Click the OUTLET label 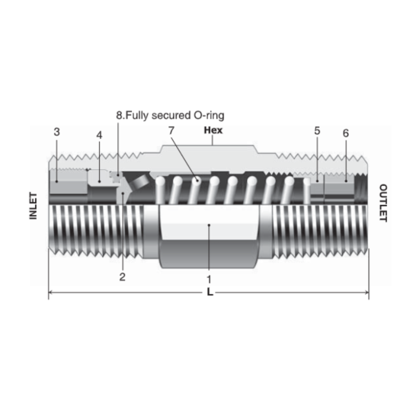[383, 203]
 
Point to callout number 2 [122, 277]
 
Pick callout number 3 [57, 133]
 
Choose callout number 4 [99, 135]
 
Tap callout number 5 [316, 131]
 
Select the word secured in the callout [168, 115]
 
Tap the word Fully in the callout [137, 115]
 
